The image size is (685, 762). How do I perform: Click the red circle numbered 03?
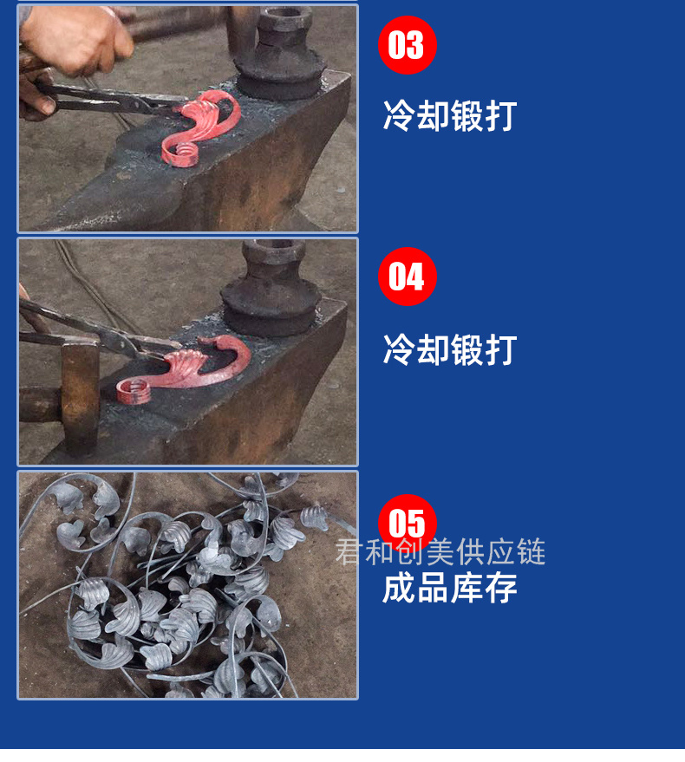pyautogui.click(x=408, y=45)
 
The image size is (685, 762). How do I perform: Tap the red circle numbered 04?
pyautogui.click(x=408, y=277)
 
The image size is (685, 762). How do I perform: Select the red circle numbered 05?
pyautogui.click(x=408, y=524)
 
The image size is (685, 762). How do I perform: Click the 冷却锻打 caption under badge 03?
pyautogui.click(x=450, y=115)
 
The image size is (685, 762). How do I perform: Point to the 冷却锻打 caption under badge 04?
pyautogui.click(x=450, y=349)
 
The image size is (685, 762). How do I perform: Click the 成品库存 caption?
pyautogui.click(x=450, y=588)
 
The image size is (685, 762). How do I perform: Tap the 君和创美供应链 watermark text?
pyautogui.click(x=440, y=552)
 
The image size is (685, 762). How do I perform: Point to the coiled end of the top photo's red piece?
pyautogui.click(x=181, y=154)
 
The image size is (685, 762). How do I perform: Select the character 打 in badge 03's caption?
pyautogui.click(x=501, y=115)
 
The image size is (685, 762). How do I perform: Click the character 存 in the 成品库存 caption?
pyautogui.click(x=501, y=588)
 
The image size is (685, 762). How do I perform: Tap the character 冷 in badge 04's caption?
pyautogui.click(x=399, y=349)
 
